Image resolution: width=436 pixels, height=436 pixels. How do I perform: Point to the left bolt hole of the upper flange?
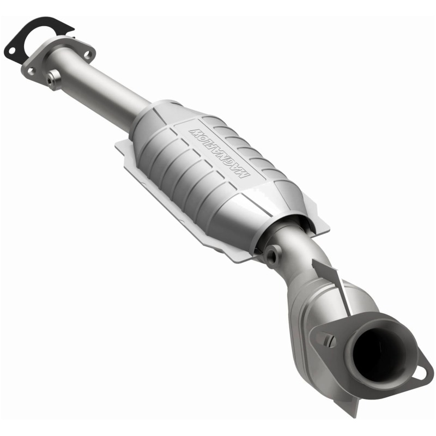tap(32, 70)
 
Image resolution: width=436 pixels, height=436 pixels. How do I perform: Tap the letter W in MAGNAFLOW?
tap(195, 131)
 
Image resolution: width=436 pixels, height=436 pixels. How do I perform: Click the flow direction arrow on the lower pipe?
tap(330, 278)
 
